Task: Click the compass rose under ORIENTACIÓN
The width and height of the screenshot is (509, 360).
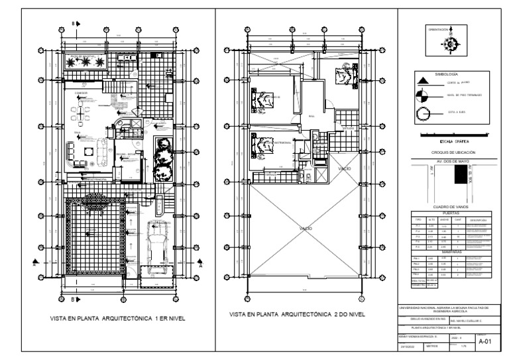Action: tap(451, 44)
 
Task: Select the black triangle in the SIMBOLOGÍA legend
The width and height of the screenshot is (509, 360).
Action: tap(422, 82)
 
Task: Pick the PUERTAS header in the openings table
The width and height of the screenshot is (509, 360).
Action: tap(450, 213)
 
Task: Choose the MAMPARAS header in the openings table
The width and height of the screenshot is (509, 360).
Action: tap(450, 252)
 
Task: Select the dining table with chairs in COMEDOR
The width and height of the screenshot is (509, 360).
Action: tap(82, 112)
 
